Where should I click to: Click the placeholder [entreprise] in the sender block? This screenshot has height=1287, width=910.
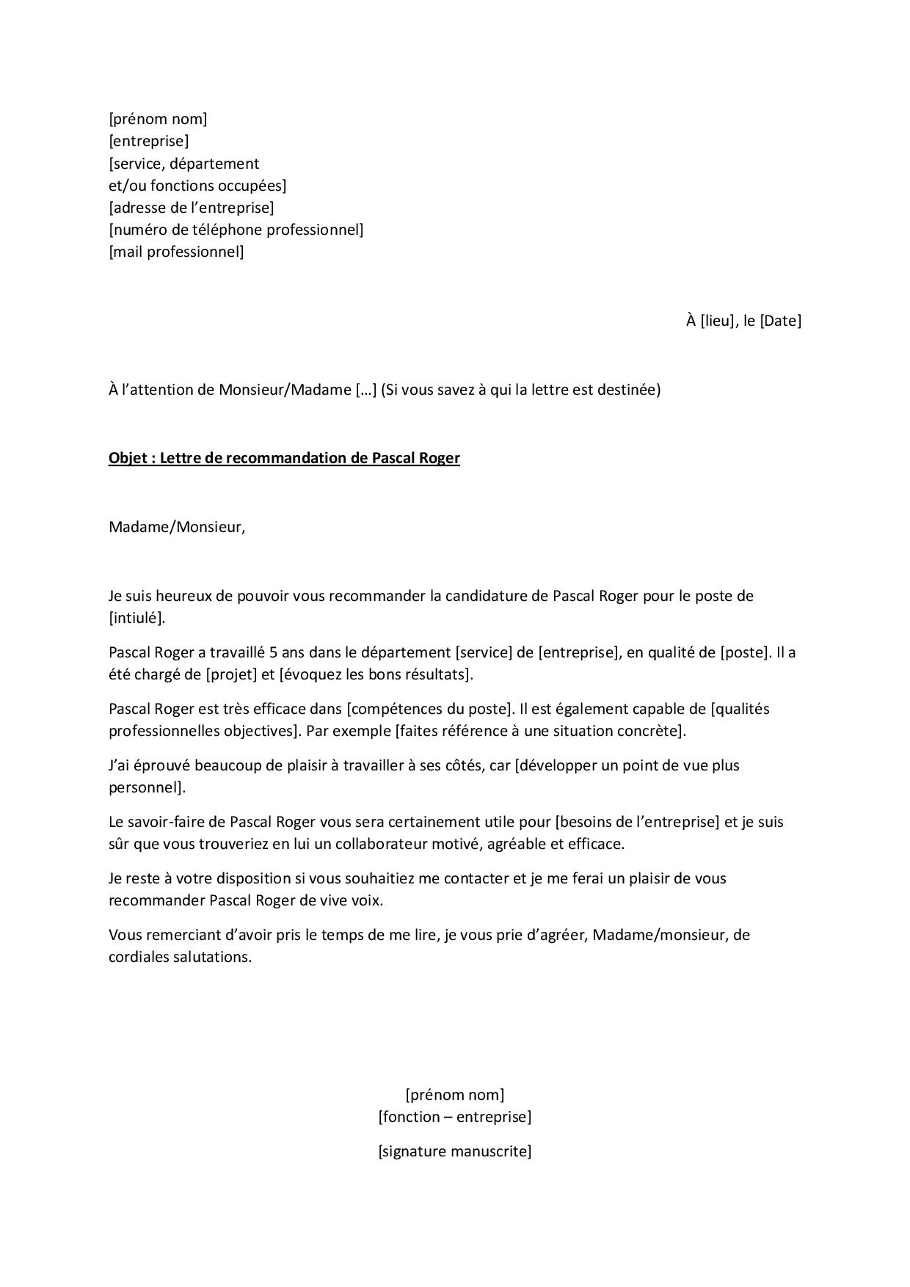148,141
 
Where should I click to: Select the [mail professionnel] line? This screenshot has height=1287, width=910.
176,252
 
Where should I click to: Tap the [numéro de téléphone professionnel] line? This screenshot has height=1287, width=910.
236,230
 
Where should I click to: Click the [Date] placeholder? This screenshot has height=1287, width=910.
780,321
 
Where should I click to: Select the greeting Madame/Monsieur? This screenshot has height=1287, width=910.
176,528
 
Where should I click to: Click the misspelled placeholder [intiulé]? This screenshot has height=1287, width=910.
136,618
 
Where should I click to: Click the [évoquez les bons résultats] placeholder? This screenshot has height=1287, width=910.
376,674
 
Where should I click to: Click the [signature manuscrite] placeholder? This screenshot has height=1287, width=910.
454,1151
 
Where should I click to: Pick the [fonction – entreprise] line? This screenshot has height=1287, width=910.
454,1118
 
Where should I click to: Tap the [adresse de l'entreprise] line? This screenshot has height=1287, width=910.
192,208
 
